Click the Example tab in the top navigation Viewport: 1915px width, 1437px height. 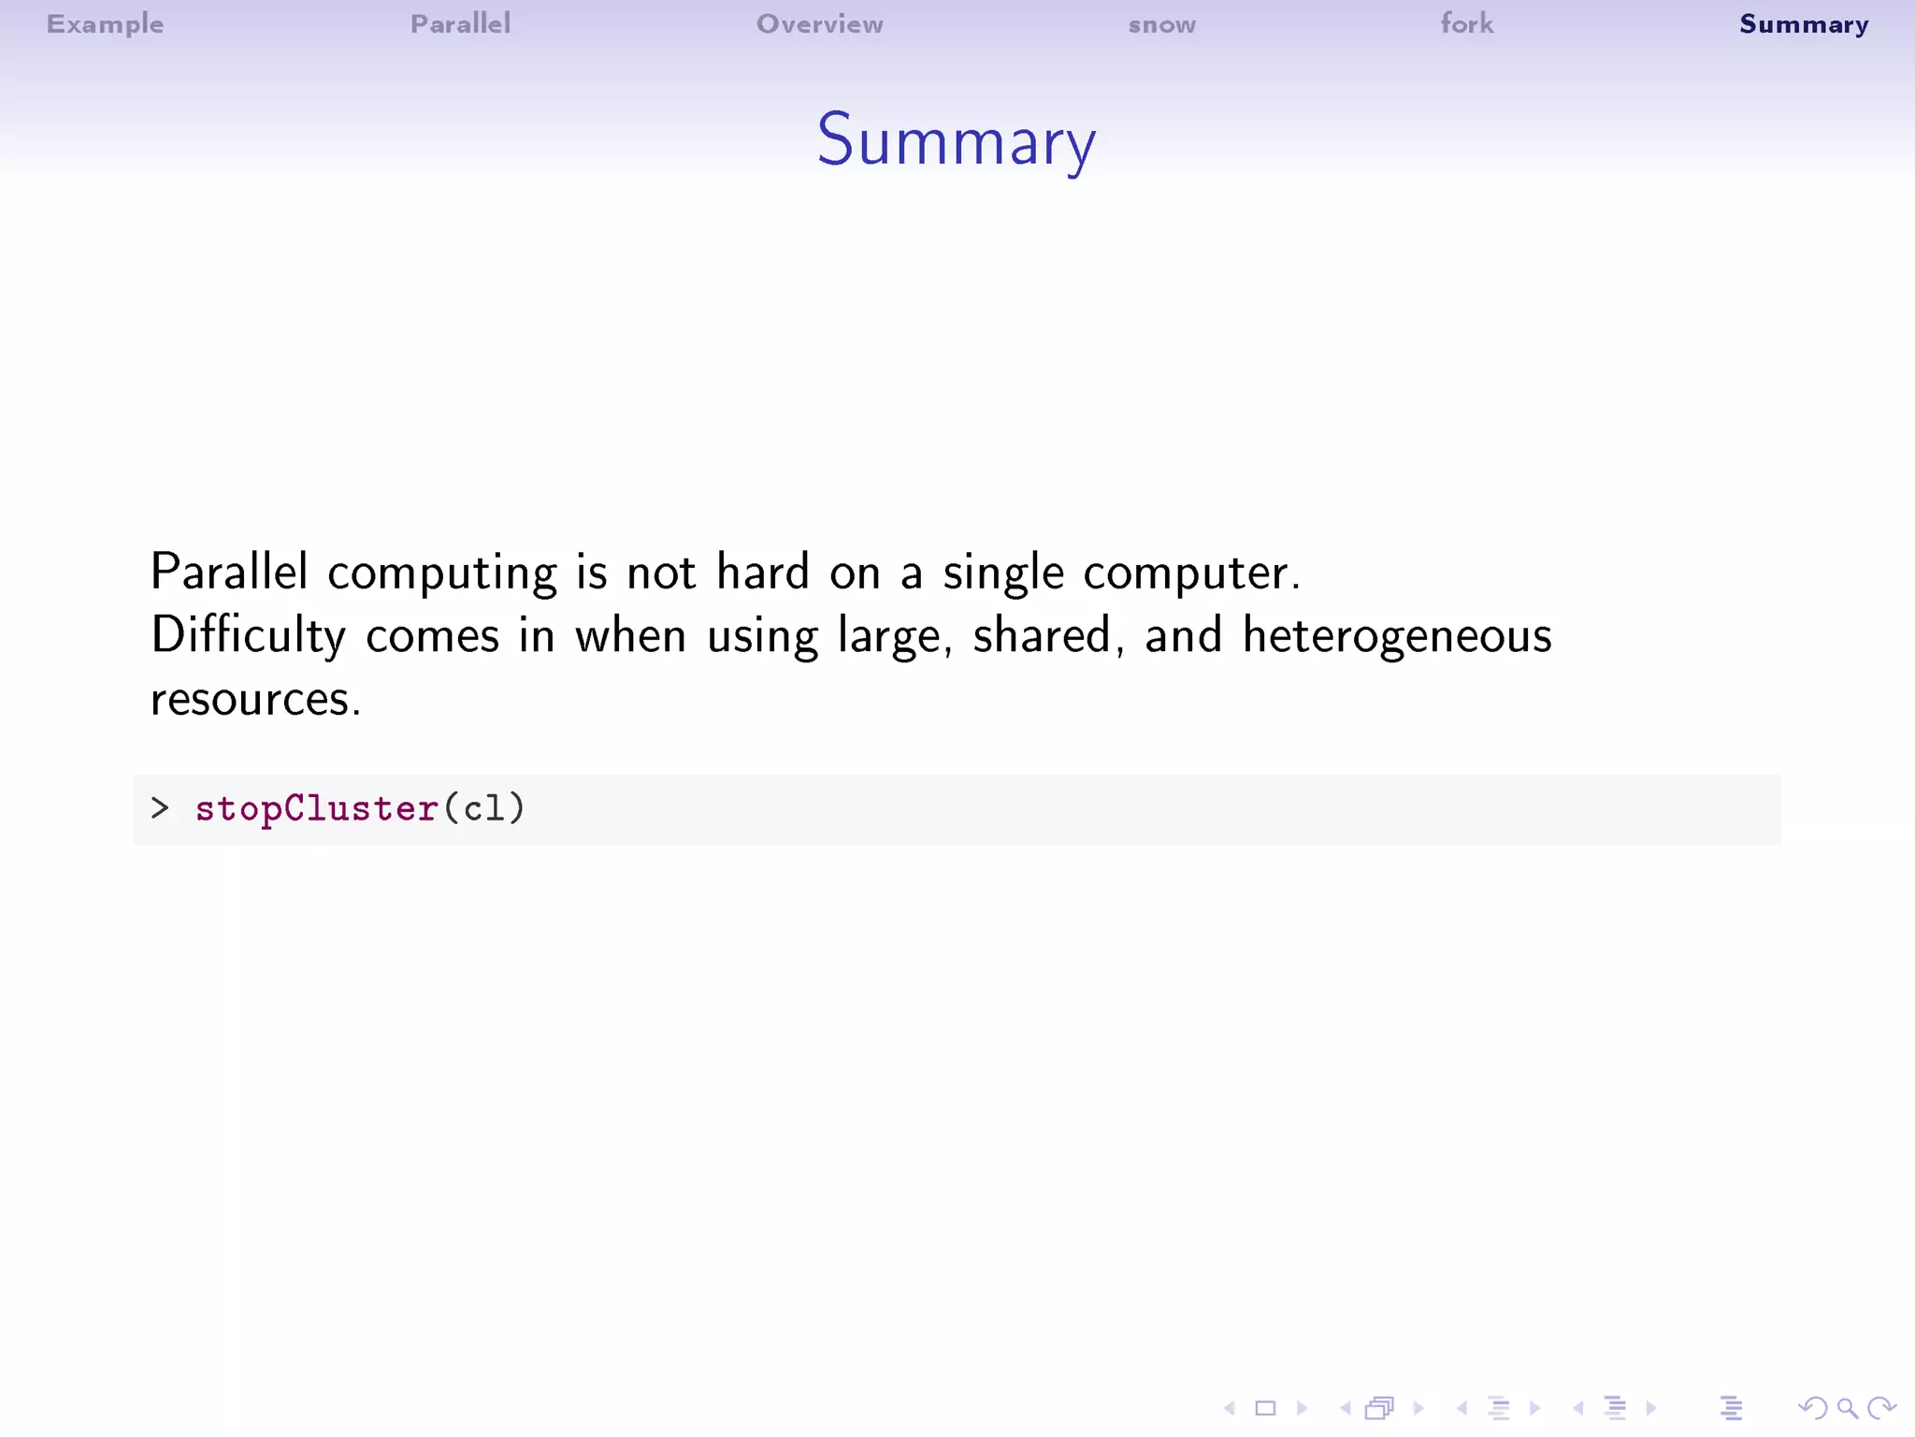tap(105, 23)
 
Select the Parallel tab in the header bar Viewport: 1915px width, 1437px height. tap(460, 23)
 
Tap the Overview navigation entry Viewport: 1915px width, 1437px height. tap(819, 23)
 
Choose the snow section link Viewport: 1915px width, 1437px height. tap(1161, 24)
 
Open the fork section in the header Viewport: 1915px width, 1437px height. tap(1466, 23)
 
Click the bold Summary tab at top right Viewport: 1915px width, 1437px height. tap(1803, 24)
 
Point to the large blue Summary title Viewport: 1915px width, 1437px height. tap(956, 140)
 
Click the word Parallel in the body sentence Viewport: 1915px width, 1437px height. tap(228, 571)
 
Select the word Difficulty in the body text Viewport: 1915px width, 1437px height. tap(248, 636)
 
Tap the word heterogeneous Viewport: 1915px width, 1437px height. tap(1397, 636)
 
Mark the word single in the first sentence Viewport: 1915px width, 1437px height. tap(1002, 573)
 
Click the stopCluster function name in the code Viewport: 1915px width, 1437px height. tap(316, 808)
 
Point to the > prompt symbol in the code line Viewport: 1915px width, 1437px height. tap(160, 807)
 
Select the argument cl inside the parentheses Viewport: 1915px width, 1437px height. tap(483, 808)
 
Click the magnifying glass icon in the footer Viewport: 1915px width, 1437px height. tap(1847, 1408)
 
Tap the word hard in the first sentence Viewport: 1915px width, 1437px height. tap(762, 571)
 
